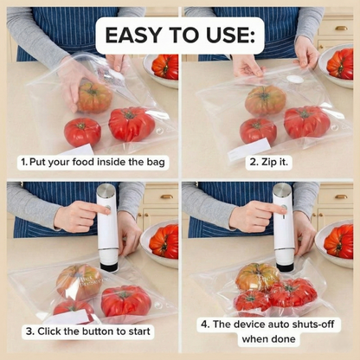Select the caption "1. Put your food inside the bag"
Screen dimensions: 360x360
(x=93, y=162)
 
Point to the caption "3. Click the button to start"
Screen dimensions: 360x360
(x=88, y=330)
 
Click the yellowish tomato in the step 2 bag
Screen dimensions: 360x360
(x=265, y=100)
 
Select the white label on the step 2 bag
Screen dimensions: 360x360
(x=247, y=149)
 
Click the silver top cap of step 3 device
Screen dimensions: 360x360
(x=106, y=191)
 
